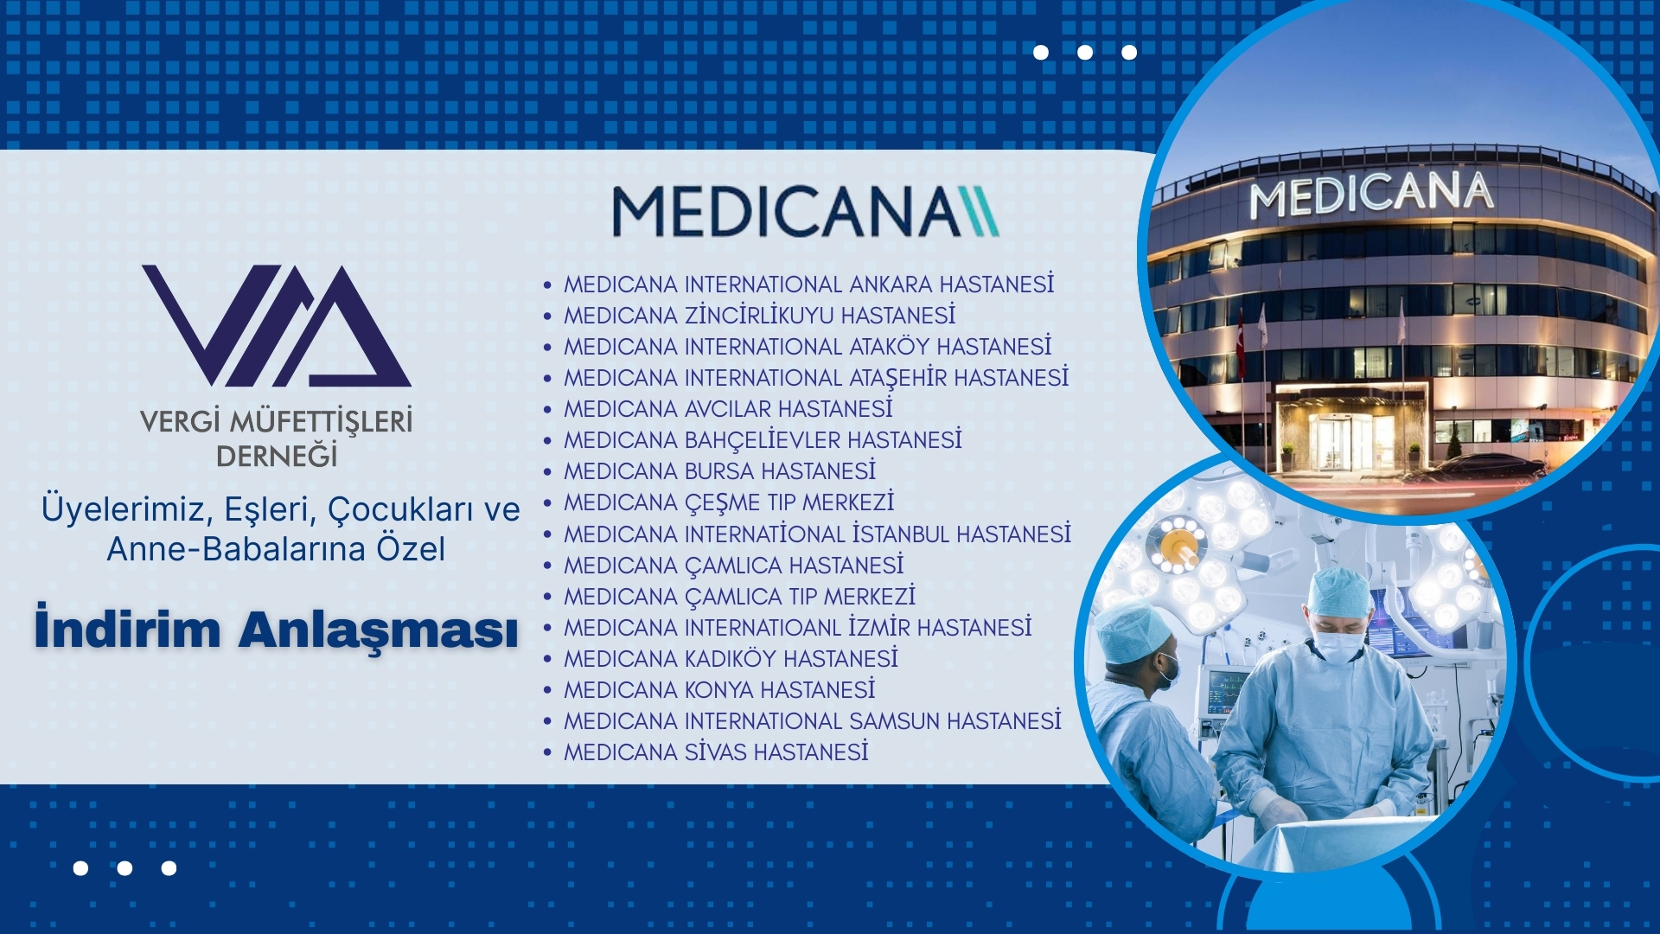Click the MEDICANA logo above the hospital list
[806, 212]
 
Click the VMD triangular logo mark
[277, 325]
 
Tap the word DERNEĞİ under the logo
[277, 456]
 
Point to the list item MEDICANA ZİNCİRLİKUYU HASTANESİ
[760, 316]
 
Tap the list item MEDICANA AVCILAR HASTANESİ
[728, 408]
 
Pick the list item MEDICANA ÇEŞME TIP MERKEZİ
[729, 502]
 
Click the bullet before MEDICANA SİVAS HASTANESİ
[547, 753]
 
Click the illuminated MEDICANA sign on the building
[1372, 195]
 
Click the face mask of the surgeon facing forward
[1337, 647]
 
